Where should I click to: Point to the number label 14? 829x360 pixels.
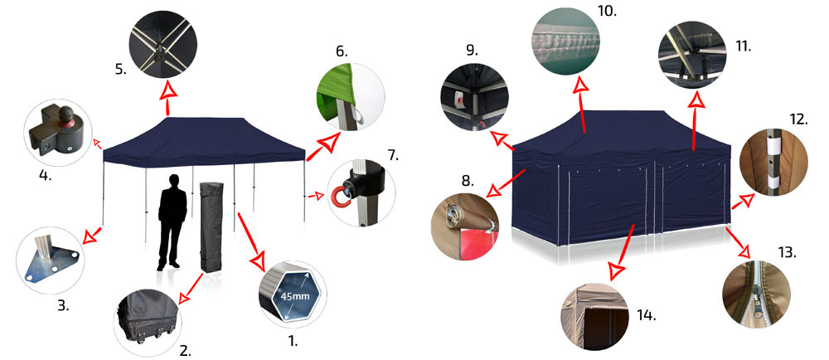tap(646, 316)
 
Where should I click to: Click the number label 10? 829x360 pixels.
tap(608, 11)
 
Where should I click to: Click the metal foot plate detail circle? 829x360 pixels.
tap(51, 260)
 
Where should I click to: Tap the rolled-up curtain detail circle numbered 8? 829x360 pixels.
tap(465, 227)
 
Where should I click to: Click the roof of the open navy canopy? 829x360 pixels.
tap(204, 141)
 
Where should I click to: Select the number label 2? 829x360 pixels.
tap(185, 351)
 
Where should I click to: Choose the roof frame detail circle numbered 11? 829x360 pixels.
tap(692, 55)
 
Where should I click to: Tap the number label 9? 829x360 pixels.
tap(473, 51)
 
